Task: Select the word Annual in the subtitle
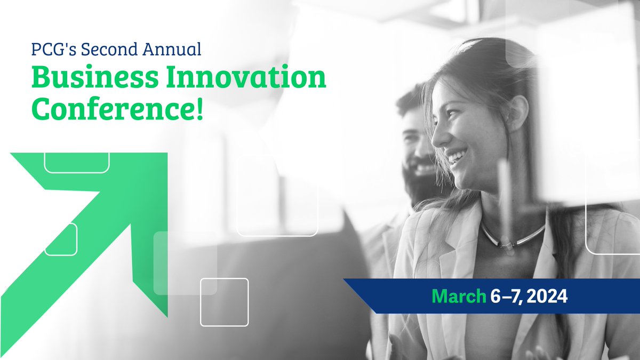175,50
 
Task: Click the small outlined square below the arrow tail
224,302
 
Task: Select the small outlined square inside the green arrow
61,239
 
